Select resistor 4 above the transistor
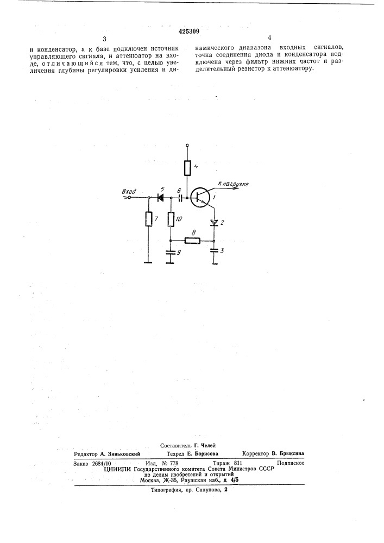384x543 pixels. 187,168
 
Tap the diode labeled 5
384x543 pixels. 160,198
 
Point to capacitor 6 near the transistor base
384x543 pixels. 180,198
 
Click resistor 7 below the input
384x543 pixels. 148,219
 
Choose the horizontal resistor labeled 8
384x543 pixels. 192,241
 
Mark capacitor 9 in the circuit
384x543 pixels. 169,252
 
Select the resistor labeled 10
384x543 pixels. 171,219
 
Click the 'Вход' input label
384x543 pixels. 129,191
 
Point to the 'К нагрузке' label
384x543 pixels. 232,184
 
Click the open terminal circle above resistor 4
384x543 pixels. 187,145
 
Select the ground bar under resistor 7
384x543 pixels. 148,263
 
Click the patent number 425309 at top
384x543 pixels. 188,31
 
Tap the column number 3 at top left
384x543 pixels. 104,39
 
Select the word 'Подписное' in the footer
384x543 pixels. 291,463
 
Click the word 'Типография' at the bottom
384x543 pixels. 165,490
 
